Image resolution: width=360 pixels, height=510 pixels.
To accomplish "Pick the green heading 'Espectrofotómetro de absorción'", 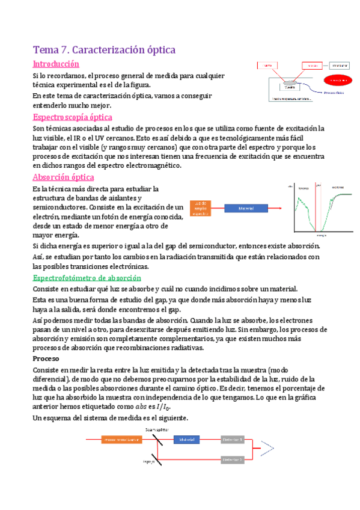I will coord(87,278).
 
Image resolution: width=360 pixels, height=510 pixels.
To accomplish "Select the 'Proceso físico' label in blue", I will coord(337,93).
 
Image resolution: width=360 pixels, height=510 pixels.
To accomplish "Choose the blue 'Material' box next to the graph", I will coord(246,207).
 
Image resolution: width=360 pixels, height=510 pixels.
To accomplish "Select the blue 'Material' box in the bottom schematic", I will coord(187,440).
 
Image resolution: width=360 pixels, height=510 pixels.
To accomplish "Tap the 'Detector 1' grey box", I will coord(233,440).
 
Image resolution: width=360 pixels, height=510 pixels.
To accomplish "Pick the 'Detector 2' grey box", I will coord(233,459).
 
